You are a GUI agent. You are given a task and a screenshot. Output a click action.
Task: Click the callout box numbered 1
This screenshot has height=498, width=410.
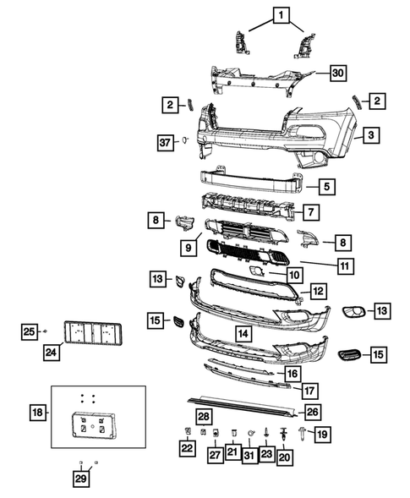tap(279, 14)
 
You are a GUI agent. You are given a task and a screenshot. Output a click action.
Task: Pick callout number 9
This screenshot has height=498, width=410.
tap(187, 248)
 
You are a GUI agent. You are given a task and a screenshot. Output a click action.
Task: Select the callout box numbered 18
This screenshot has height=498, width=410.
tap(36, 413)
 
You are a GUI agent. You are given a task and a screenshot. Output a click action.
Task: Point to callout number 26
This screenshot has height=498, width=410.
tap(313, 412)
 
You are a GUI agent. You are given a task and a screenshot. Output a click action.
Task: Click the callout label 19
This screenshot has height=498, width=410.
tap(321, 434)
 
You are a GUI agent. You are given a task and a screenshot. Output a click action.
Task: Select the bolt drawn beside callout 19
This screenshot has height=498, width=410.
tap(302, 434)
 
